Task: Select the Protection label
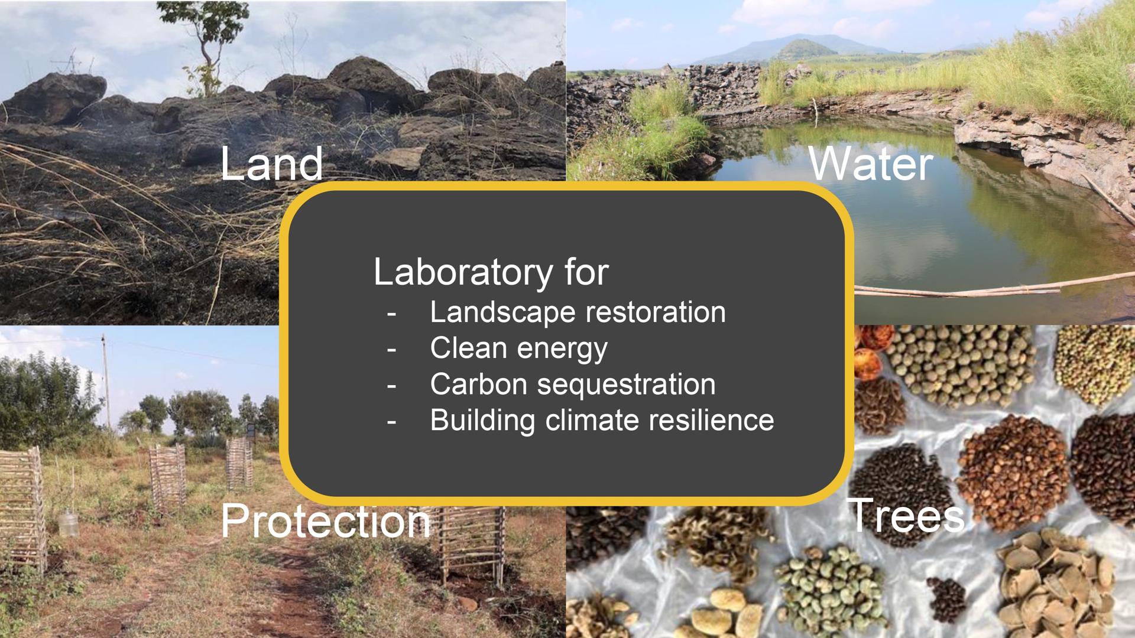tap(326, 522)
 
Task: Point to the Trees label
tap(906, 515)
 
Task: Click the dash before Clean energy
tap(391, 350)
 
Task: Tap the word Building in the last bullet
tap(483, 421)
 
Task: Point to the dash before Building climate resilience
tap(391, 422)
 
